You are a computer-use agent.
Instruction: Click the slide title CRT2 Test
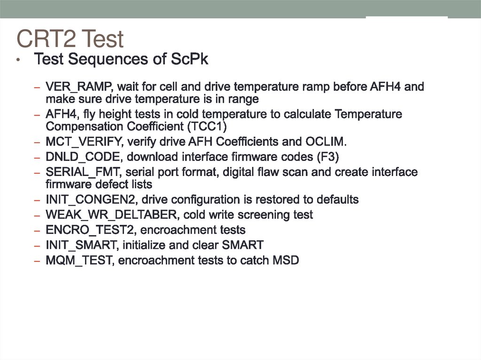70,39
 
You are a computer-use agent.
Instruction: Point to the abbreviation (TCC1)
207,127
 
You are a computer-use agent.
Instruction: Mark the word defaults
337,199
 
